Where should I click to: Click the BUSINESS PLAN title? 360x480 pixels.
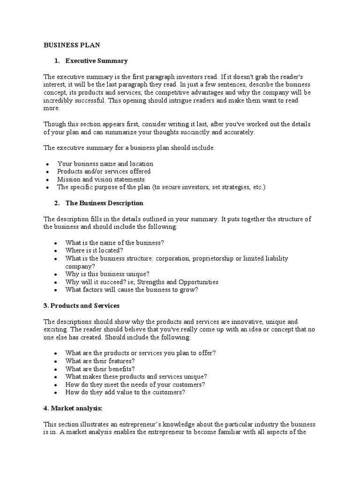[x=72, y=45]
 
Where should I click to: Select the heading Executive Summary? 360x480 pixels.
[x=97, y=61]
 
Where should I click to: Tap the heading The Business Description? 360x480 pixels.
[x=104, y=203]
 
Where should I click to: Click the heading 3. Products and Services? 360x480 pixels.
[x=82, y=306]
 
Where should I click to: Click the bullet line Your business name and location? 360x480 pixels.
[x=105, y=164]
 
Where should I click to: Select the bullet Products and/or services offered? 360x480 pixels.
[x=104, y=172]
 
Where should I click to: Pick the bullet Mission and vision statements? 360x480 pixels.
[x=101, y=179]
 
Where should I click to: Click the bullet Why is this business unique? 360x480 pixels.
[x=107, y=274]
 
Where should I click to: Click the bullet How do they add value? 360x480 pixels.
[x=125, y=392]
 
